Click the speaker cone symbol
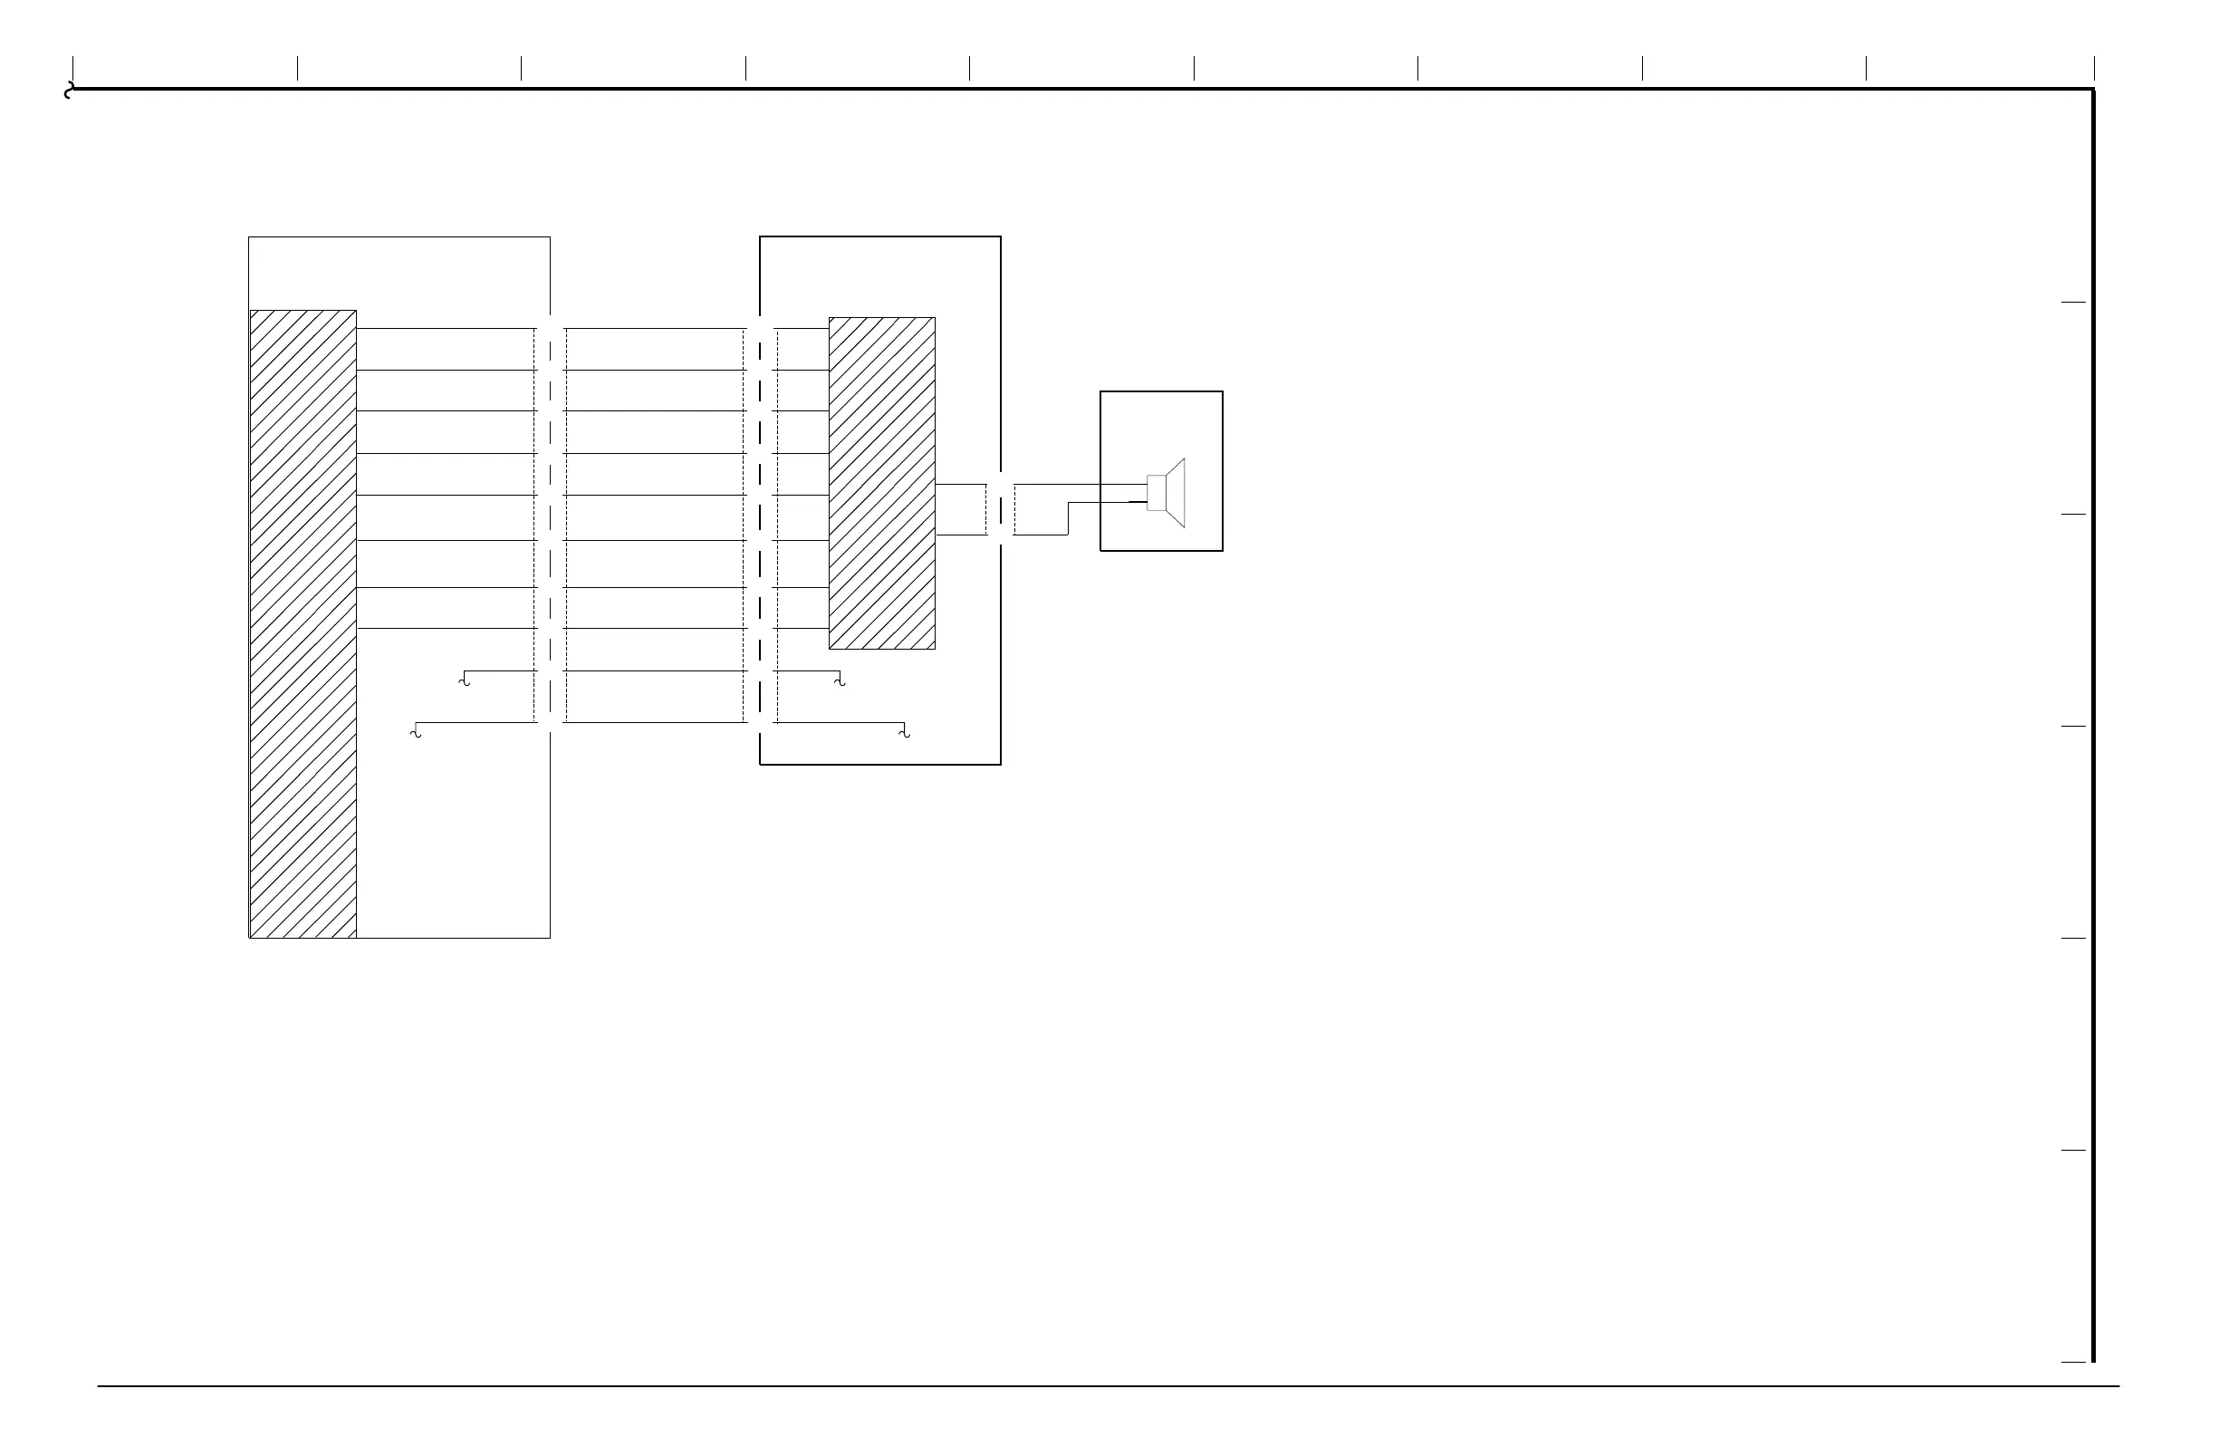pyautogui.click(x=1177, y=492)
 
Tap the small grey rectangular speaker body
pyautogui.click(x=1156, y=492)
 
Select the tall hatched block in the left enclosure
pyautogui.click(x=303, y=623)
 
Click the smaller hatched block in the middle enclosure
pyautogui.click(x=882, y=482)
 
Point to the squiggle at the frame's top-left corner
pyautogui.click(x=68, y=91)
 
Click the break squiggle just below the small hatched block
pyautogui.click(x=841, y=680)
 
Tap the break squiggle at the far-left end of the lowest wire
pyautogui.click(x=416, y=733)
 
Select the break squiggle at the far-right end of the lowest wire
pyautogui.click(x=904, y=733)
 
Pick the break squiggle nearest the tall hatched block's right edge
pyautogui.click(x=465, y=680)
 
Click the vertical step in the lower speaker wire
pyautogui.click(x=1068, y=518)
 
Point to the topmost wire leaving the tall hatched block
pyautogui.click(x=446, y=328)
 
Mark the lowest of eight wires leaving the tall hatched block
pyautogui.click(x=446, y=629)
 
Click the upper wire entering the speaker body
pyautogui.click(x=1081, y=484)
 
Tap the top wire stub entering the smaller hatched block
pyautogui.click(x=802, y=328)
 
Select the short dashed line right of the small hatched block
pyautogui.click(x=986, y=509)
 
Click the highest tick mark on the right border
pyautogui.click(x=2072, y=302)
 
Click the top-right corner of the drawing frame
pyautogui.click(x=2093, y=90)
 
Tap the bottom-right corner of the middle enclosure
pyautogui.click(x=1001, y=765)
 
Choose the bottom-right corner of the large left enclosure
pyautogui.click(x=550, y=938)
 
